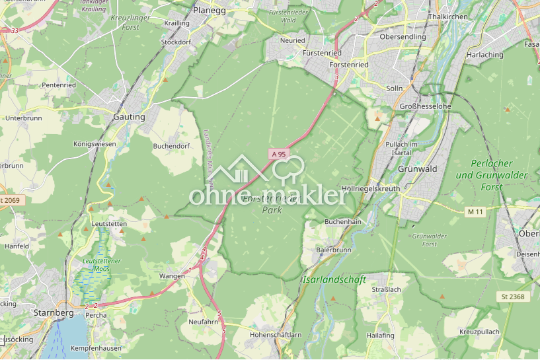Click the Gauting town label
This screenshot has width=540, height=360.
(x=129, y=117)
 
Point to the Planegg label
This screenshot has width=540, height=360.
(x=210, y=11)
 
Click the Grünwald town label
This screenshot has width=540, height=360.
(x=417, y=169)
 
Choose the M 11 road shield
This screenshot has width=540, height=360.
(x=475, y=211)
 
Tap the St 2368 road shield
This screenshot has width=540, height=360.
(x=512, y=297)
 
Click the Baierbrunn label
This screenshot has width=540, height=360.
(x=334, y=251)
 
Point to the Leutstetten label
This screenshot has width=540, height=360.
(x=110, y=224)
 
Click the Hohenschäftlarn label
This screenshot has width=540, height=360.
(x=276, y=335)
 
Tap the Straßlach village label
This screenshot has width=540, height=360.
(x=387, y=289)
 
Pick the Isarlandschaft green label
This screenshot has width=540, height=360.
(x=334, y=280)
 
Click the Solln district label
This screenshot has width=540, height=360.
(x=394, y=88)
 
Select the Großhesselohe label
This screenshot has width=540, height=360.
(x=426, y=106)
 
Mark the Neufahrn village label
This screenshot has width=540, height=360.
(x=203, y=321)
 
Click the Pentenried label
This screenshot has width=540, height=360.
(x=59, y=85)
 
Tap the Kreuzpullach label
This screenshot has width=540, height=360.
(x=479, y=331)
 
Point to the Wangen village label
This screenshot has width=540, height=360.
(x=172, y=275)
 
